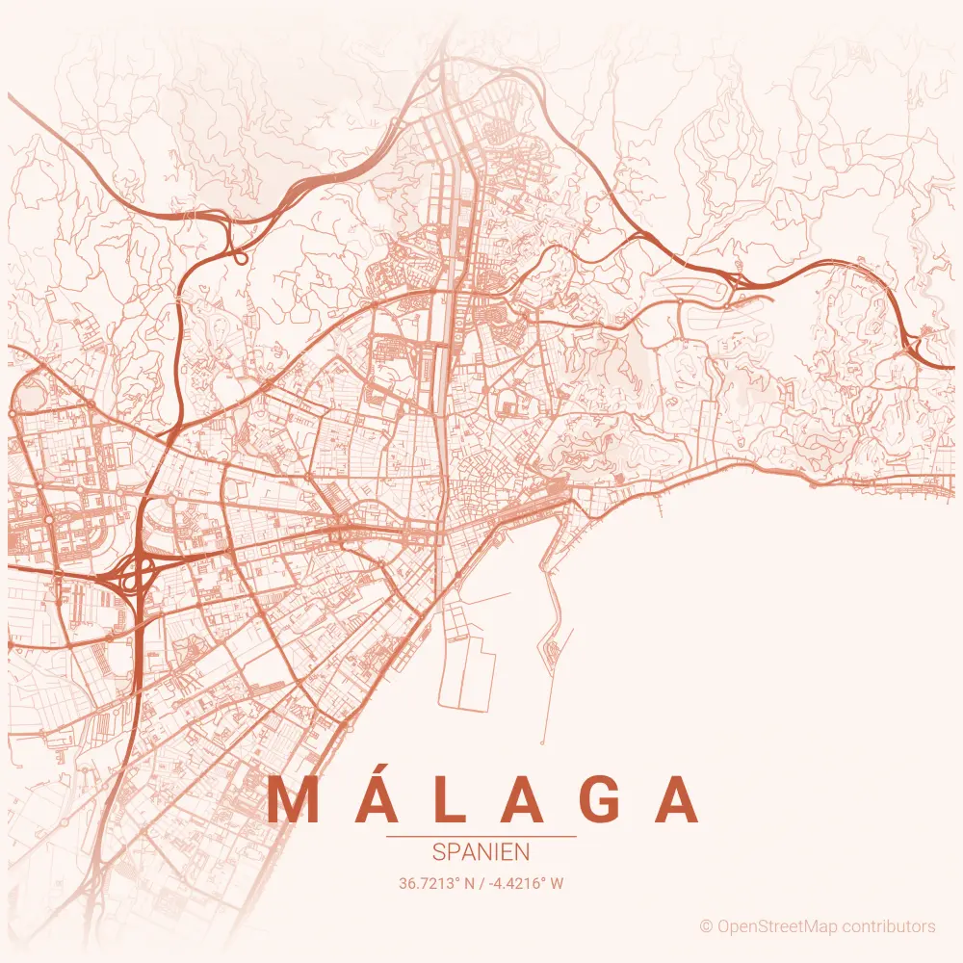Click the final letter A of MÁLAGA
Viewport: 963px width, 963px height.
(x=678, y=799)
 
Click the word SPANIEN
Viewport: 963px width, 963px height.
(x=481, y=852)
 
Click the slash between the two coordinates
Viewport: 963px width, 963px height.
(x=481, y=882)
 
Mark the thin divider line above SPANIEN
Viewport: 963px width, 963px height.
(x=481, y=837)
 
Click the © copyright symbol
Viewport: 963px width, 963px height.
(x=706, y=926)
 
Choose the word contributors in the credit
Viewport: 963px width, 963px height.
(x=889, y=926)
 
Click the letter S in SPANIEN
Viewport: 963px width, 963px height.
(x=439, y=852)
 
